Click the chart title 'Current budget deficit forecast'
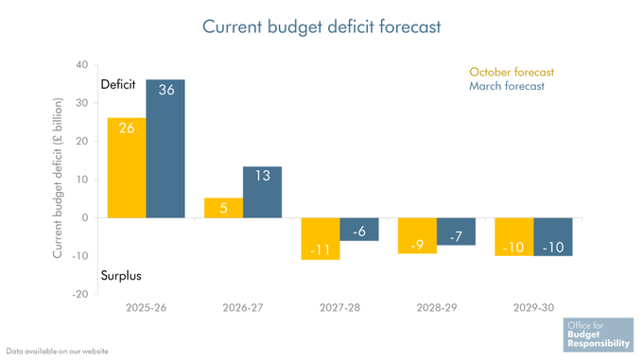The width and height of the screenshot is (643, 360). pos(321,26)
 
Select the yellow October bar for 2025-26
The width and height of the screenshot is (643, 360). pos(126,168)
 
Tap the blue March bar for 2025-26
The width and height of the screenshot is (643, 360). pos(165,149)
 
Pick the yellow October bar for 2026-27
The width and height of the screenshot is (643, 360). pos(223,208)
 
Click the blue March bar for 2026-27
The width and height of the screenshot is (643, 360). pos(262,192)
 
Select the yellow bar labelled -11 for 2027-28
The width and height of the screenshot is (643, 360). pos(321,238)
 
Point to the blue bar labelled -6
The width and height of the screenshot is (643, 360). pos(359,229)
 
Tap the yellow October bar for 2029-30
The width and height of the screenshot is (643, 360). pos(514,236)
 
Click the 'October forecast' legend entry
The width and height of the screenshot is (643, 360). pos(511,72)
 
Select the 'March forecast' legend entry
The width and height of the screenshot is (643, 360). pos(506,87)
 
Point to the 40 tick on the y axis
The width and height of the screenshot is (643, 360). pos(81,65)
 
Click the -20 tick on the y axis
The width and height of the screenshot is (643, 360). pos(79,294)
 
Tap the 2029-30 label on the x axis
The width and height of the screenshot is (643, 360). pos(533,308)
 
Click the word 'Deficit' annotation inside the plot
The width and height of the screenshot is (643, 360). pos(119,85)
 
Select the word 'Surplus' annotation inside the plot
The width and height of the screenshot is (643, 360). pos(121,276)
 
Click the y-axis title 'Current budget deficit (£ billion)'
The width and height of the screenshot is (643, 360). pos(58,179)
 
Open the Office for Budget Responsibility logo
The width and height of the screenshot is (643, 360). pos(596,334)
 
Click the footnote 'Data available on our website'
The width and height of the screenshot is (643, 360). pos(57,351)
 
